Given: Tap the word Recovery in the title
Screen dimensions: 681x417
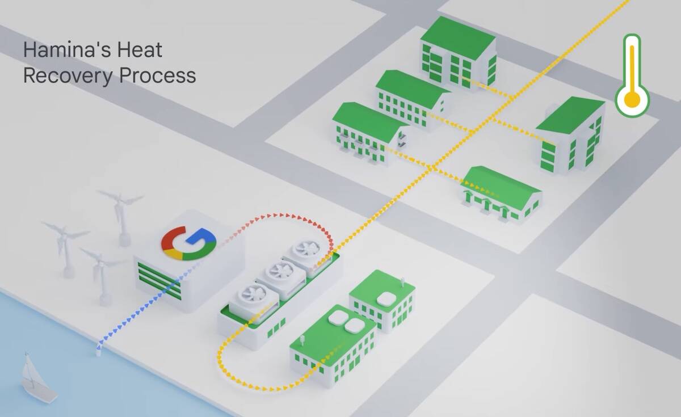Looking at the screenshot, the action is (68, 75).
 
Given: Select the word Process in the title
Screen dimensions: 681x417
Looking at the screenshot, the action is (158, 75).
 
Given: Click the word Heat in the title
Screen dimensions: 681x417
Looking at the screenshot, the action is (140, 50).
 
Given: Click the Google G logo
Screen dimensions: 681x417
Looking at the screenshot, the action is (189, 243).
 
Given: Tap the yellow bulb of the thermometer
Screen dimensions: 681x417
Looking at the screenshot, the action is (632, 99).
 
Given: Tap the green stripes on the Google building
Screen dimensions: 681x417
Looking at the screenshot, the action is (159, 280).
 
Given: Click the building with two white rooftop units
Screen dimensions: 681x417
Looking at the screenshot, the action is (333, 347).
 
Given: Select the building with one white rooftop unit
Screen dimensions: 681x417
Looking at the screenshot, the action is (382, 301).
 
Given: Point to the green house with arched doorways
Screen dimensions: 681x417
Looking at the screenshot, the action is (501, 194).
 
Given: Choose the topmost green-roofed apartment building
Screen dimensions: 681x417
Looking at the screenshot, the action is (458, 52).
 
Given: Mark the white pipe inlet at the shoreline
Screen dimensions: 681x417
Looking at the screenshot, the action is (99, 352).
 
